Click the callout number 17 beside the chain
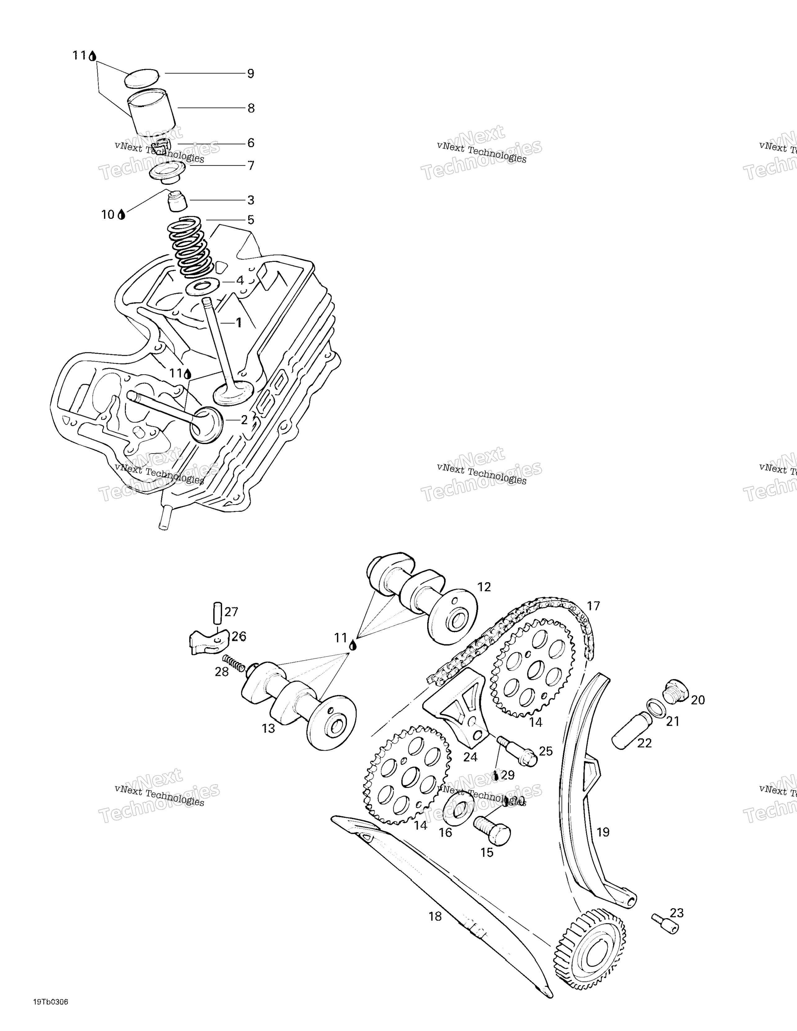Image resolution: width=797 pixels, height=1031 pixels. coord(593,606)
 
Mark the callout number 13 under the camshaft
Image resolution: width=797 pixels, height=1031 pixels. coord(268,729)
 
